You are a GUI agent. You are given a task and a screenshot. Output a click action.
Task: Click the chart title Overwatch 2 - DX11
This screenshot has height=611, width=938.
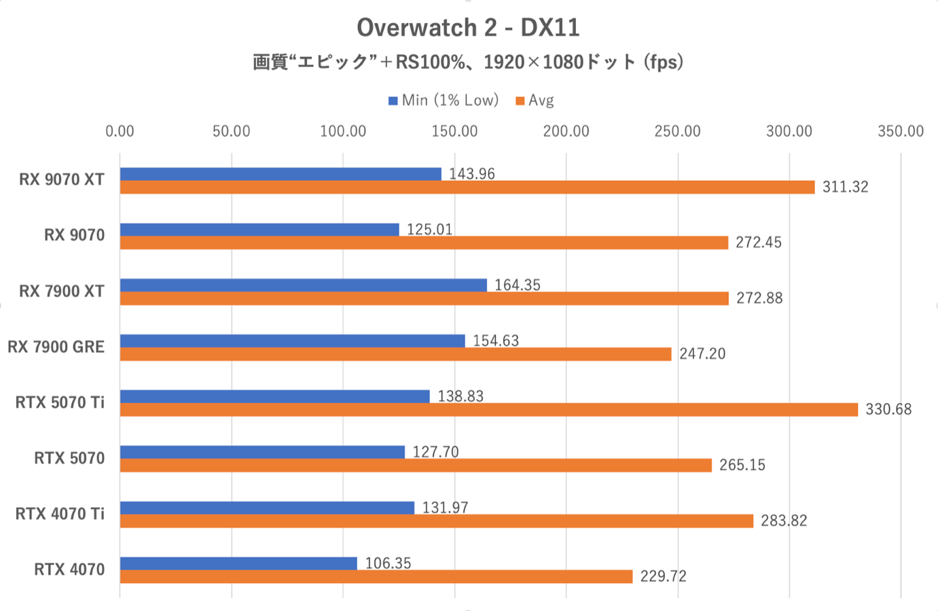pyautogui.click(x=468, y=28)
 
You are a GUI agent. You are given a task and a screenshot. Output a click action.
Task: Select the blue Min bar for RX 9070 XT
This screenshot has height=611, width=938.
pyautogui.click(x=281, y=174)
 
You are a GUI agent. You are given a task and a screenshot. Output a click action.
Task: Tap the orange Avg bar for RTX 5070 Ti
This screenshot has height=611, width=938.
pyautogui.click(x=489, y=410)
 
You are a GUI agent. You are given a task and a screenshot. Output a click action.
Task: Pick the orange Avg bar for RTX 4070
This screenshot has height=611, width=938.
pyautogui.click(x=376, y=577)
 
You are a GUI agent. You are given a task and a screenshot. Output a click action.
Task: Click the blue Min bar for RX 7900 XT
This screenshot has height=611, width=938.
pyautogui.click(x=304, y=285)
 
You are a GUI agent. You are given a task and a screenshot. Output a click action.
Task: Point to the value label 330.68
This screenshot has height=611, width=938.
pyautogui.click(x=888, y=409)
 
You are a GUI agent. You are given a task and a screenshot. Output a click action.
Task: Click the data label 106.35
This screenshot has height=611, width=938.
pyautogui.click(x=388, y=563)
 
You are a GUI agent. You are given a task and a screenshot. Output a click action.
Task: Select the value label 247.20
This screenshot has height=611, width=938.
pyautogui.click(x=702, y=353)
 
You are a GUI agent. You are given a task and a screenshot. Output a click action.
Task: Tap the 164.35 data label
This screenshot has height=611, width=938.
pyautogui.click(x=517, y=285)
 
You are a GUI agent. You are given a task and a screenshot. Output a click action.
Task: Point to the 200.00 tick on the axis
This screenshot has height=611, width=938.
pyautogui.click(x=566, y=131)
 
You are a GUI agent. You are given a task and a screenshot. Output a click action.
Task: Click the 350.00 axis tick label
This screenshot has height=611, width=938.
pyautogui.click(x=900, y=131)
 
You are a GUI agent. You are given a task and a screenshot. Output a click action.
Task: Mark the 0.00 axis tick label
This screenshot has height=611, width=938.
pyautogui.click(x=120, y=131)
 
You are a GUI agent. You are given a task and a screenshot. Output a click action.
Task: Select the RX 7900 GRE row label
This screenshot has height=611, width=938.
pyautogui.click(x=56, y=347)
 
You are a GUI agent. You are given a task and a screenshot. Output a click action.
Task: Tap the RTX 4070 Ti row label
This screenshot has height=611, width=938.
pyautogui.click(x=60, y=514)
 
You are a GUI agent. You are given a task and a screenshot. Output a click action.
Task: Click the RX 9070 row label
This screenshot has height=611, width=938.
pyautogui.click(x=74, y=235)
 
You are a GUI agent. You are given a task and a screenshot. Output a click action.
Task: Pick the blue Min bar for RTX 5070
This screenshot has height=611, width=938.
pyautogui.click(x=262, y=452)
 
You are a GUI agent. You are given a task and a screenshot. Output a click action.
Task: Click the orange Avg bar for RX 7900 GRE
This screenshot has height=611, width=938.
pyautogui.click(x=395, y=354)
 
